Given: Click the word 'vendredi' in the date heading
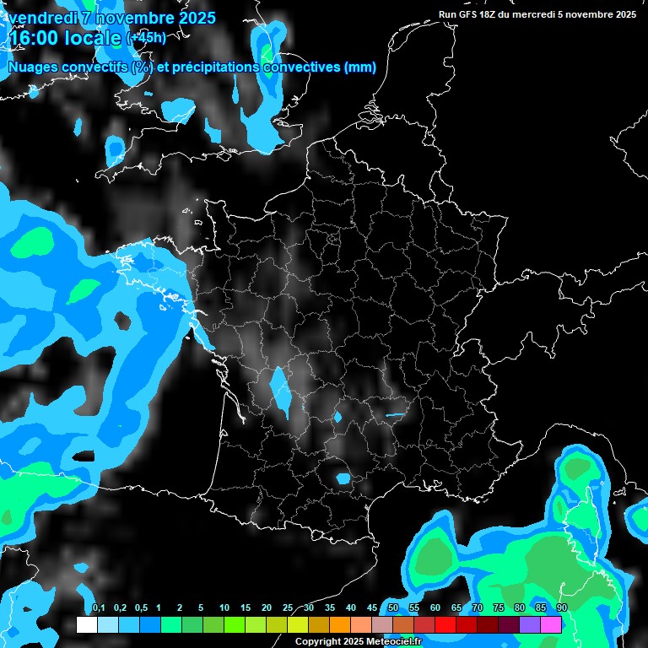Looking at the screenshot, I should coord(43,18).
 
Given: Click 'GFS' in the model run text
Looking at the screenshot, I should coord(469,13).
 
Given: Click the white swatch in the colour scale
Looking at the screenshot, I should coord(87,625).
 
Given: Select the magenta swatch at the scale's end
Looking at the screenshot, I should coord(551,625).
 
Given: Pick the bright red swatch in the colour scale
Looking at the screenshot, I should coord(445,625).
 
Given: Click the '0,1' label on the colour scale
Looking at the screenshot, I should coord(98,608).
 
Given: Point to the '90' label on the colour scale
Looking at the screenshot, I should coord(561,608).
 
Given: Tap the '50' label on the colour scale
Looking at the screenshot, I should coord(393,608).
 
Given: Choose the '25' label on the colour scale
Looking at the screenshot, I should coord(288,608).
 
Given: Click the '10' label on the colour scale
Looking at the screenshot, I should coord(224,608).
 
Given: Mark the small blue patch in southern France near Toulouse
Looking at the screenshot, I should coord(343,478).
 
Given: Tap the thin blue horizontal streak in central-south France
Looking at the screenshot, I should coord(394,415).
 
